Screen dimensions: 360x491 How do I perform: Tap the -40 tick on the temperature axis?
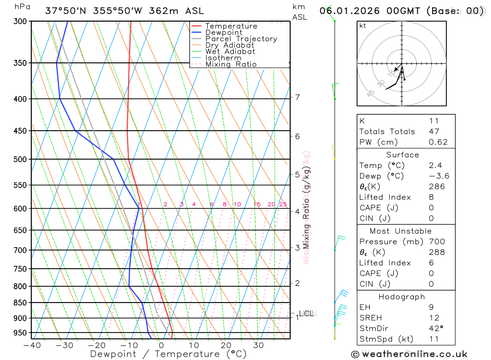click(x=31, y=345)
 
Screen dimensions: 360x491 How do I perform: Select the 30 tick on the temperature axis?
click(x=258, y=345)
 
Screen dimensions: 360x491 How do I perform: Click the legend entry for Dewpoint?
click(x=223, y=32)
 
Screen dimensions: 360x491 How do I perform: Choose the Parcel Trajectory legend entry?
click(x=241, y=39)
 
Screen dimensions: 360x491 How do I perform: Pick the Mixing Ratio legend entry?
click(x=230, y=64)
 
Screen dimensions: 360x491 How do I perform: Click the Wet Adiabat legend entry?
click(x=230, y=52)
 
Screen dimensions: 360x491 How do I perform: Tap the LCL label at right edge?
click(x=306, y=313)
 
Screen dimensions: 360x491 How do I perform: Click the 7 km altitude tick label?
click(x=298, y=97)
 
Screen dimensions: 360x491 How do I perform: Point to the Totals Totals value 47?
click(x=434, y=132)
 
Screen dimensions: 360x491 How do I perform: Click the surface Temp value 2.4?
click(x=434, y=166)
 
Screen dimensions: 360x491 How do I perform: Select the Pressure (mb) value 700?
click(x=436, y=242)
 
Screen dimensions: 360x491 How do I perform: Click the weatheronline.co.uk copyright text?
click(x=409, y=354)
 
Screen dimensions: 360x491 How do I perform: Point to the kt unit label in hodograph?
click(x=363, y=26)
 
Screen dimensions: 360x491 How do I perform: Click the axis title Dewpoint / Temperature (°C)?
click(x=161, y=354)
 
